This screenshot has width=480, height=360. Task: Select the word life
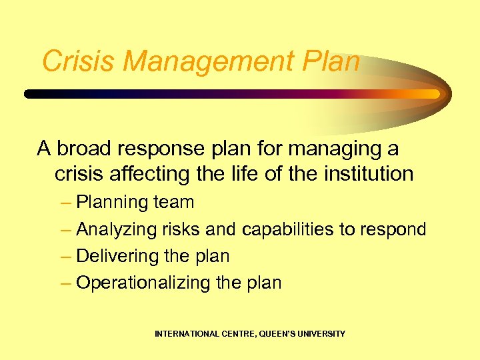click(248, 174)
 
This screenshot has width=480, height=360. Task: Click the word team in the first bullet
click(173, 202)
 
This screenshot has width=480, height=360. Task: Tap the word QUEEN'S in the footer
click(271, 333)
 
